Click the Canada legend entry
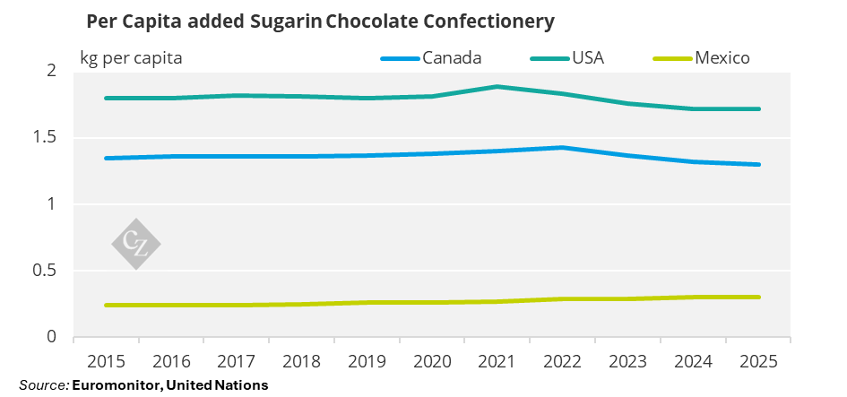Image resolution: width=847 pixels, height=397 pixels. [x=453, y=58]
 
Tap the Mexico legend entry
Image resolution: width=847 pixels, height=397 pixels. [x=722, y=58]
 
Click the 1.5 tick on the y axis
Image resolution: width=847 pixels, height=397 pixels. [x=47, y=137]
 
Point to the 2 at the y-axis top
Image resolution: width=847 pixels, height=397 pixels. [x=52, y=71]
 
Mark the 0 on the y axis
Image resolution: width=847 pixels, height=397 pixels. [x=52, y=337]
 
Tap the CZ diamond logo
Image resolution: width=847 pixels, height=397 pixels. [x=135, y=242]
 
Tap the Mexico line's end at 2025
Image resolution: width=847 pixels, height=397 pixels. [x=759, y=297]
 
